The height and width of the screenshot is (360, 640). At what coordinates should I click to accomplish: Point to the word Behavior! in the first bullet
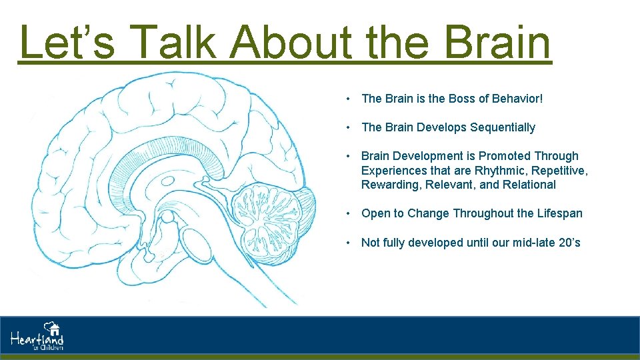517,99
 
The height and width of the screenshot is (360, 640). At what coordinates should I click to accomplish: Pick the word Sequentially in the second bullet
503,127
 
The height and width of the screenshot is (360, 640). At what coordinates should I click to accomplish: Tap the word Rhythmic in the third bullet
499,171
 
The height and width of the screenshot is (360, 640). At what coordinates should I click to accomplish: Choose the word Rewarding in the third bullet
387,185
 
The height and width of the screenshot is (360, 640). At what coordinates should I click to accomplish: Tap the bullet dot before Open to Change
349,213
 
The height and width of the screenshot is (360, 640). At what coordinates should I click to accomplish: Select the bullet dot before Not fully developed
349,243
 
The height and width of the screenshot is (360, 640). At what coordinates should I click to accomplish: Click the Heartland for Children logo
37,336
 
